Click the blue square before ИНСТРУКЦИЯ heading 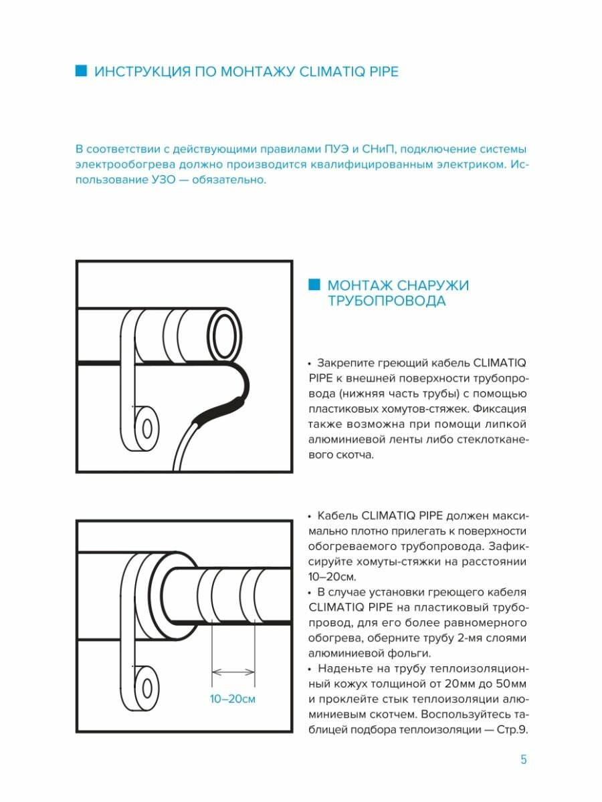point(82,71)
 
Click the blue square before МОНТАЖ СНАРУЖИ point(314,285)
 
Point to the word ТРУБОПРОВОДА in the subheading point(386,301)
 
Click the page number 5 point(524,759)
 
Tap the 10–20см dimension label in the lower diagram point(232,699)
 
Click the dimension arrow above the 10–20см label point(233,672)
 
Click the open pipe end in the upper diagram point(225,331)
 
